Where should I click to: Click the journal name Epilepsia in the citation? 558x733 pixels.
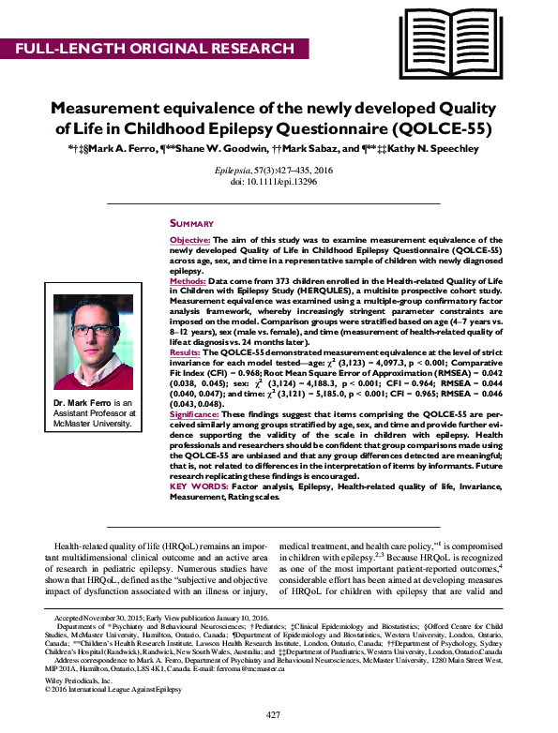tap(230, 172)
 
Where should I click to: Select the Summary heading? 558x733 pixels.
tap(191, 224)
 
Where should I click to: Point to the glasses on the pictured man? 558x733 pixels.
tap(93, 335)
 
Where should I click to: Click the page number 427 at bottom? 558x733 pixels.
tap(273, 715)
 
